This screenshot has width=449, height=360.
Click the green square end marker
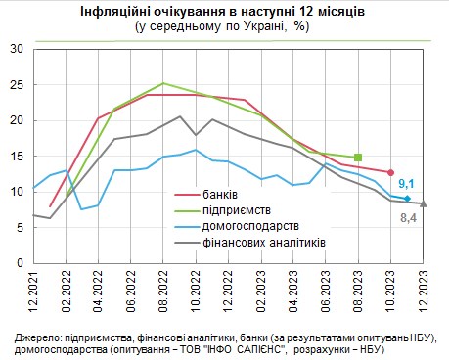(x=358, y=157)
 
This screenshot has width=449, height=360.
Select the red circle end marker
(x=390, y=172)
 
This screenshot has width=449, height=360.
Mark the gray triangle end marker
(x=423, y=203)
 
